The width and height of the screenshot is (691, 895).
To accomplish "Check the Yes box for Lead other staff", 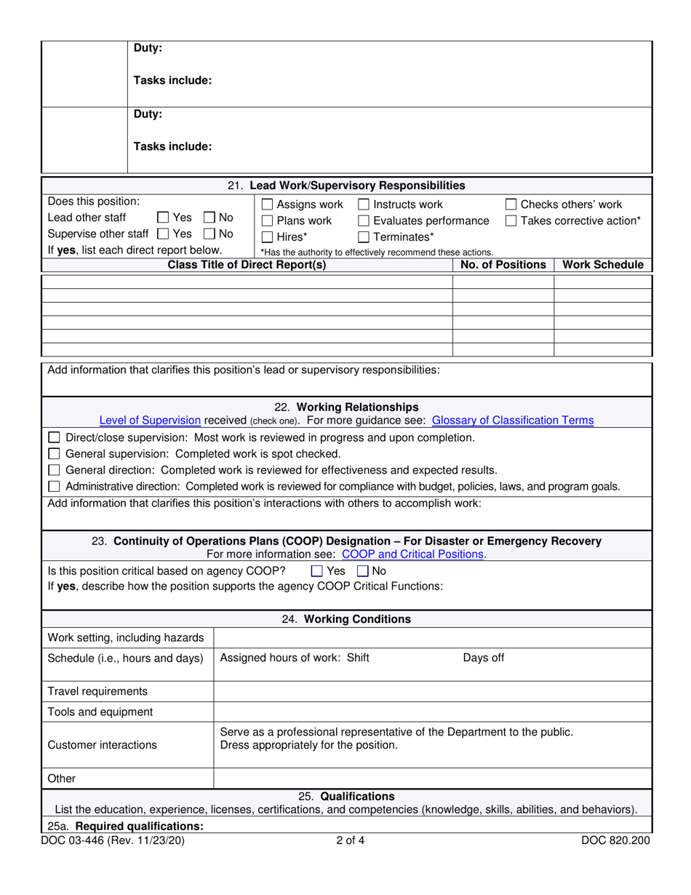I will (x=164, y=218).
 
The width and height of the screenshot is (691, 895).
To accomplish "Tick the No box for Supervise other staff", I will (x=209, y=234).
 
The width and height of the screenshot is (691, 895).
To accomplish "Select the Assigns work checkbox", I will (x=267, y=205).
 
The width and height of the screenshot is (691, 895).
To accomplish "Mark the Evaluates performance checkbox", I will (x=364, y=221).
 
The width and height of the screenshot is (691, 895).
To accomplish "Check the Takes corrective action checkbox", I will (x=511, y=221).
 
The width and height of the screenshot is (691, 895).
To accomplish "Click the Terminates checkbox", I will (x=364, y=236).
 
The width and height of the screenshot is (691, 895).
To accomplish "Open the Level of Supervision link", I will (x=150, y=421).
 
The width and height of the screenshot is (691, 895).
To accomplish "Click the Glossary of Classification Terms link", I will (x=512, y=421).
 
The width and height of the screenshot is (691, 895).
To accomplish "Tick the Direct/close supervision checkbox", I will (x=54, y=438).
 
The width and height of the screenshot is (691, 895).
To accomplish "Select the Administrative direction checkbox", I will (x=54, y=486).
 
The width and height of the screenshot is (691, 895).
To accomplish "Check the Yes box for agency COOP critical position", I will (x=316, y=572).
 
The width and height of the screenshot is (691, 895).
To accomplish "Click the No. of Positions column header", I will (x=503, y=265).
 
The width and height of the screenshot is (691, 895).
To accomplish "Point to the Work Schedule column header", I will (x=603, y=265).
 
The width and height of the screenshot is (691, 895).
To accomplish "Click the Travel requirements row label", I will (x=97, y=691).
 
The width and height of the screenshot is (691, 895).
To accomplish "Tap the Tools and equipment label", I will (x=100, y=712).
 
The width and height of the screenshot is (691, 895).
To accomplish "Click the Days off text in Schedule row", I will (x=484, y=659).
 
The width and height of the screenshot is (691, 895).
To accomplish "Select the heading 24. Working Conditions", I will (x=346, y=620).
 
